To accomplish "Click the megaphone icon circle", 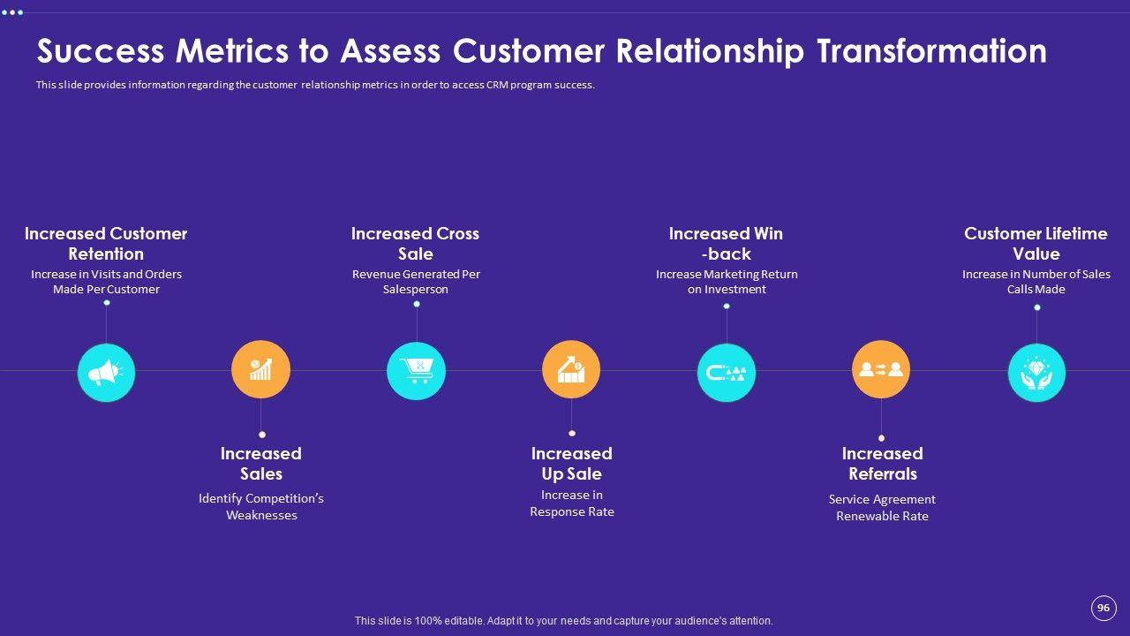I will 106,373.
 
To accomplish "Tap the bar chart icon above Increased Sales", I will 260,369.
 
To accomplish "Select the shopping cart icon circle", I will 416,371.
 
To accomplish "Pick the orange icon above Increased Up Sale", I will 571,369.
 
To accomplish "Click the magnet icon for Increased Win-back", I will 727,373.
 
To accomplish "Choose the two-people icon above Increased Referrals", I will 881,369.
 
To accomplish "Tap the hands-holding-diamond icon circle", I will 1036,373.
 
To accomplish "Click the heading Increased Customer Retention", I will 106,244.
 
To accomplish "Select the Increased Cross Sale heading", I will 415,244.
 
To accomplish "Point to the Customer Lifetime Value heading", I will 1036,244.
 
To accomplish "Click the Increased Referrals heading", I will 882,464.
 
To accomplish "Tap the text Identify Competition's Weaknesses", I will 261,507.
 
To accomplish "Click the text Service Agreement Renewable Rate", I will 882,508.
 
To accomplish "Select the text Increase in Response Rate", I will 572,503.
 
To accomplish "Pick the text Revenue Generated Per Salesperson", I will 416,282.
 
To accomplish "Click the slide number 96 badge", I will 1103,608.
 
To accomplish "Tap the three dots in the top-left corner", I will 12,12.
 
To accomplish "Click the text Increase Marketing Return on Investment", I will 727,282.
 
